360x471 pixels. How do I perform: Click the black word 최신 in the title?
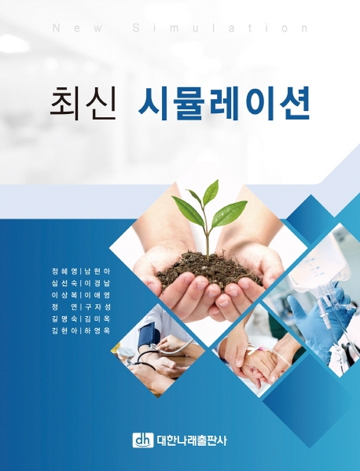click(83, 103)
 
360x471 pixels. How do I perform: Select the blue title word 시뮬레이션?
click(224, 103)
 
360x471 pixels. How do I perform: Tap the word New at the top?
click(77, 28)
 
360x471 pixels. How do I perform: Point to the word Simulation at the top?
click(220, 28)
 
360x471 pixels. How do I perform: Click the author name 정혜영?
click(64, 271)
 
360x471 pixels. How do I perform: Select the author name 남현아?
click(97, 271)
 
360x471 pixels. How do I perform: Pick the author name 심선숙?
click(64, 283)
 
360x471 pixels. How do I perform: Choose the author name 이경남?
click(97, 283)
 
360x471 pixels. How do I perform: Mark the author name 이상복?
click(64, 295)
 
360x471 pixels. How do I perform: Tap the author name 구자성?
click(97, 307)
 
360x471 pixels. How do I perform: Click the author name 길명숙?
click(64, 318)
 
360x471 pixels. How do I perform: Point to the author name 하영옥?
click(97, 331)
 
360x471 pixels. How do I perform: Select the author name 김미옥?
click(97, 318)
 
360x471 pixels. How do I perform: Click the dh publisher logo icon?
click(143, 440)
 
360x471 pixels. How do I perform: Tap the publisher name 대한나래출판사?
click(192, 440)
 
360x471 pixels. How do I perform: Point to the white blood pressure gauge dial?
click(125, 352)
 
